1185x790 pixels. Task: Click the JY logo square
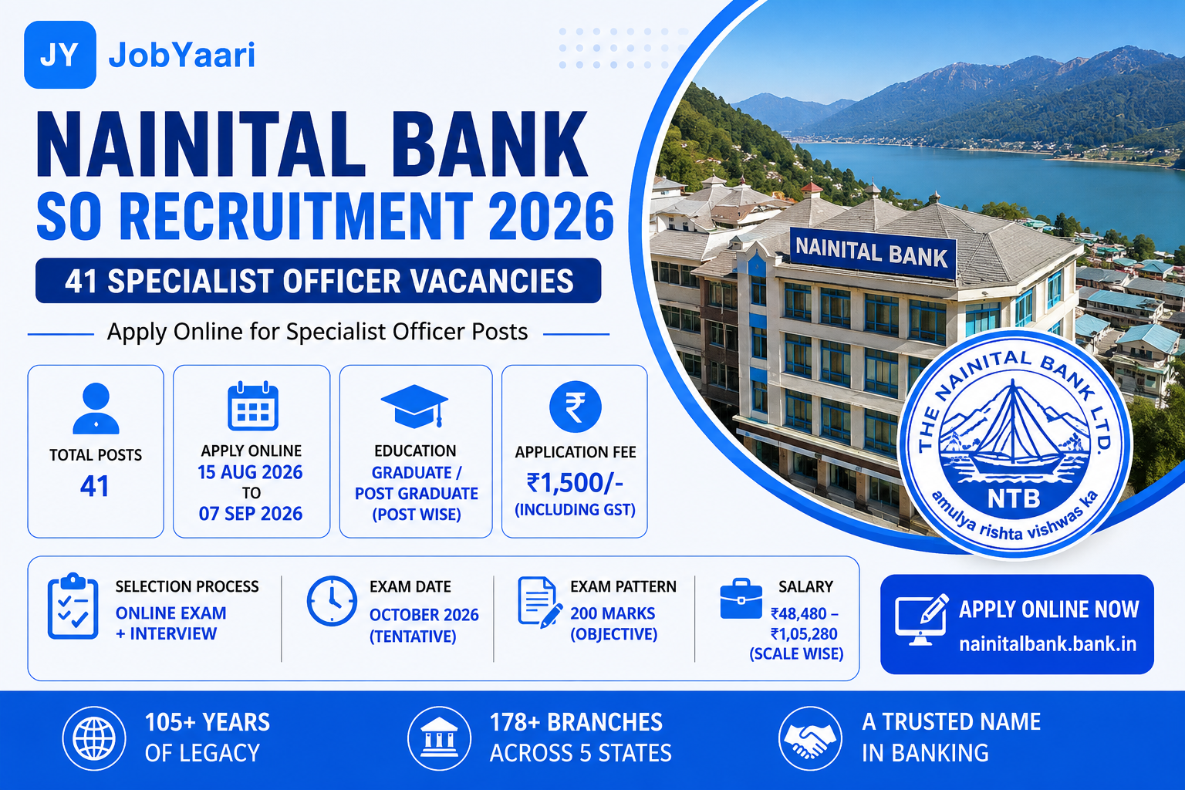(59, 55)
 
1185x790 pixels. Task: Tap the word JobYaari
(182, 55)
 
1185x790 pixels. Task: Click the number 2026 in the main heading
(551, 217)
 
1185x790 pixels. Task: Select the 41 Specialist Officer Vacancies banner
(319, 281)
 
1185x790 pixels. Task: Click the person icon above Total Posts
(96, 408)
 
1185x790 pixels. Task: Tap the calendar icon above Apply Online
(253, 405)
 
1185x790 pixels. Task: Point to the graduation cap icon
(415, 407)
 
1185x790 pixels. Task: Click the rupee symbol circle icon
(576, 407)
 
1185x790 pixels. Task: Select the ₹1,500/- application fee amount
(575, 483)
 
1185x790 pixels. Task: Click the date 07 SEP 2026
(251, 514)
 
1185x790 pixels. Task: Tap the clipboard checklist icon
(73, 606)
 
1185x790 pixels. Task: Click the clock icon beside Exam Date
(333, 601)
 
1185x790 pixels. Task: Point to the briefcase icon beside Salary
(741, 599)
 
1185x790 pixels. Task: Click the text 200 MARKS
(613, 613)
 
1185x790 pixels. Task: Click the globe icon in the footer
(94, 738)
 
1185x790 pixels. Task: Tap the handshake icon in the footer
(810, 738)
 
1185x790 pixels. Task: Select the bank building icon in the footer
(439, 738)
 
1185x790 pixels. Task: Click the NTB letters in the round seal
(1014, 498)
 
